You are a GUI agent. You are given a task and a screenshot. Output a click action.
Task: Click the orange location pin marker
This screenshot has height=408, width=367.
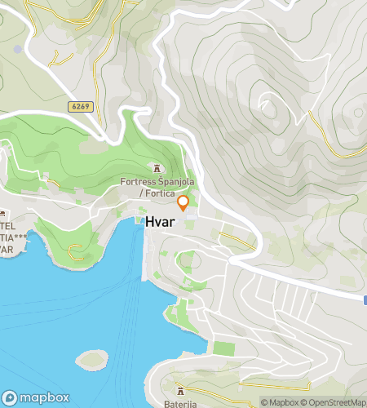tap(183, 203)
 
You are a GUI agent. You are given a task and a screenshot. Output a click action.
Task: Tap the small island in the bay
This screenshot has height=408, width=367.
tap(92, 358)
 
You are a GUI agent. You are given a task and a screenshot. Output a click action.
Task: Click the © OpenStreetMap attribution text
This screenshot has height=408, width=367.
tap(333, 401)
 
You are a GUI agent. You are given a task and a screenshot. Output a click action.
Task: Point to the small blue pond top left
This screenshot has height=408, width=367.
tap(18, 49)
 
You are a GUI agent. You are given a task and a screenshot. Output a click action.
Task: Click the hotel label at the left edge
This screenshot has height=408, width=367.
tap(8, 237)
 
